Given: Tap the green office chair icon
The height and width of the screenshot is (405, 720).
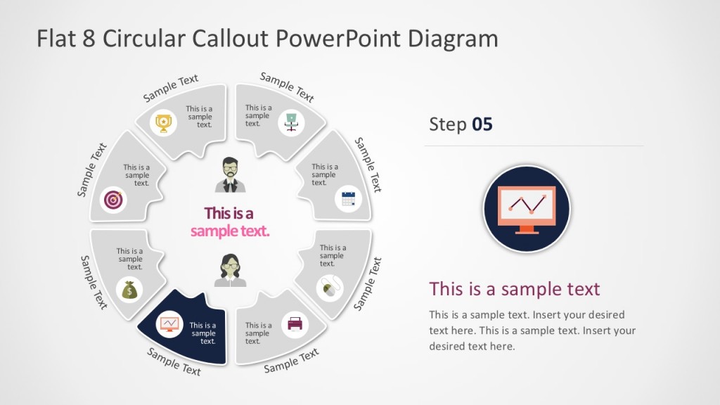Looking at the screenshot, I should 291,121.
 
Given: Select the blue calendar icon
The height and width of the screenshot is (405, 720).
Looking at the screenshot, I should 348,198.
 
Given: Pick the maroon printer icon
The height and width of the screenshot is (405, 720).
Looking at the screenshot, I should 294,325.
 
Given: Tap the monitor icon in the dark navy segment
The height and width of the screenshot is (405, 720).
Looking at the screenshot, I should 169,324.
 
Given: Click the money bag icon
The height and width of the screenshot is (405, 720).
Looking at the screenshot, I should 131,289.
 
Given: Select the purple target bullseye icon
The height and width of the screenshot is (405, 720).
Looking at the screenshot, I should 113,200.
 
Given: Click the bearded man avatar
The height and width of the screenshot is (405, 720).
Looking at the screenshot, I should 231,174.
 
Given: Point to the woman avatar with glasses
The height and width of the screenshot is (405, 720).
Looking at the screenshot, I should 231,270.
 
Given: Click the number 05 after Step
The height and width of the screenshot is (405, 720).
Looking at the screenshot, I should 482,124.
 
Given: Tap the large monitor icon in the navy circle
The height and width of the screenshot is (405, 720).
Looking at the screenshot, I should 527,210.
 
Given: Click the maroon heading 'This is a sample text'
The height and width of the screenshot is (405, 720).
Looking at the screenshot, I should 515,288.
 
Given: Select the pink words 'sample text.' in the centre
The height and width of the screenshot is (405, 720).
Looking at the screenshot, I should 230,231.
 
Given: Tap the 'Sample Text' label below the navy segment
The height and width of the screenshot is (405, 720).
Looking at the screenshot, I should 174,361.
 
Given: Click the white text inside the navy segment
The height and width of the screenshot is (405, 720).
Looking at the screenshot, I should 203,333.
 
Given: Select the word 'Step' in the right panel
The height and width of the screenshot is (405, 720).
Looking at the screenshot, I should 448,124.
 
